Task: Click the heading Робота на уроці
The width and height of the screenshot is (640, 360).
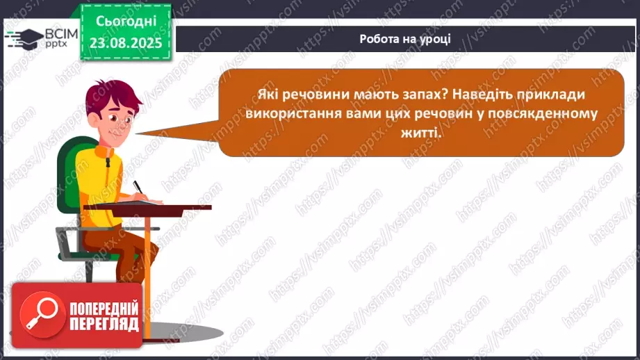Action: [x=405, y=38]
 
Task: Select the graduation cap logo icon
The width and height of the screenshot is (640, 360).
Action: [x=23, y=39]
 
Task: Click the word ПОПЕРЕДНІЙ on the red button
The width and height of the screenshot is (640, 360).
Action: [x=104, y=308]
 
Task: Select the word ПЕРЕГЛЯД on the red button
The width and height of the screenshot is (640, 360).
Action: [x=104, y=324]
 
